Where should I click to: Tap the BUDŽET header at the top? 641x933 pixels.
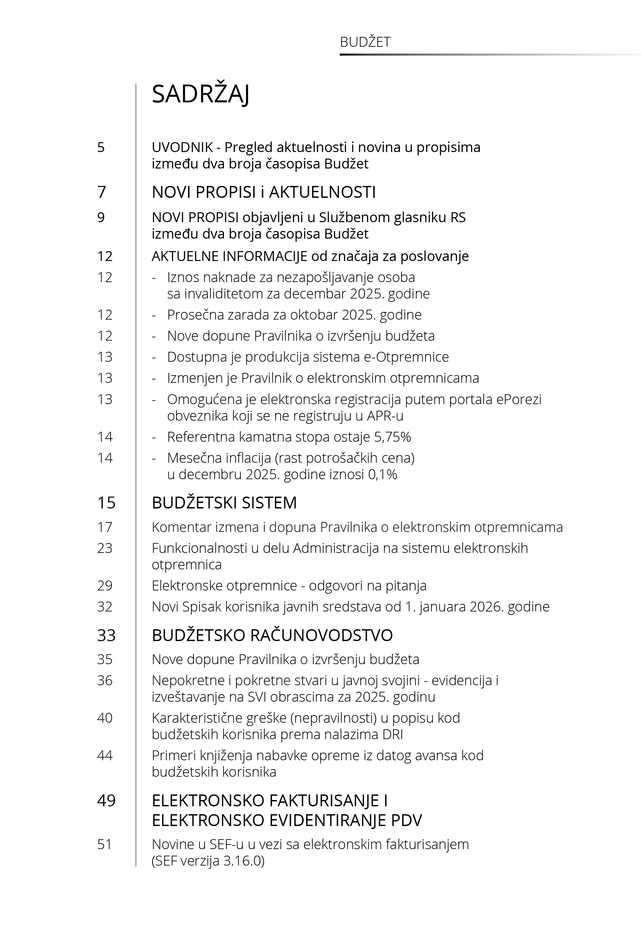[365, 42]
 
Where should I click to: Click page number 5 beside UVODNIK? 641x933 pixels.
[101, 147]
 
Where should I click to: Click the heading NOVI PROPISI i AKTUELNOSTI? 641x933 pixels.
[263, 192]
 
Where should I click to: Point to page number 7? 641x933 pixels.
[102, 192]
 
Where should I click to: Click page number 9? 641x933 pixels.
[101, 218]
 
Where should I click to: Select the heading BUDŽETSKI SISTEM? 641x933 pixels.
[224, 503]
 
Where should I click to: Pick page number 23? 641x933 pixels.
[105, 548]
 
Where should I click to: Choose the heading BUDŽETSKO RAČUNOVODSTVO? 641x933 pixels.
[272, 635]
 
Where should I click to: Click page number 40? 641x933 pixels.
[105, 718]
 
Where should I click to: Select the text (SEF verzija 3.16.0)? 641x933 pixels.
[208, 861]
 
